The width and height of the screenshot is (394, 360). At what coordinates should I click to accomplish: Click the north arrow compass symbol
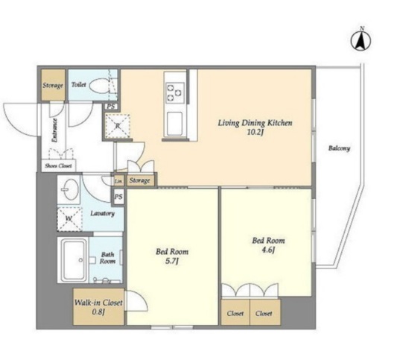point(361,40)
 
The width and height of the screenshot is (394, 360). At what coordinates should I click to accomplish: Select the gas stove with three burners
point(174,92)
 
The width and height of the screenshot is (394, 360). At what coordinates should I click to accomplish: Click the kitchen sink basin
point(174,124)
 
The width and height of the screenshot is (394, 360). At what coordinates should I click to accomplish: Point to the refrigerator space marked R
point(118,126)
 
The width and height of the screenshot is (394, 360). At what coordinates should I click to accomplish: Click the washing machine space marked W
point(69,219)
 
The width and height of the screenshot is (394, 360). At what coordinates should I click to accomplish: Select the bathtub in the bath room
point(74,259)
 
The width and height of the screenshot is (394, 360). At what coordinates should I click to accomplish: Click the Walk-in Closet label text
point(98,303)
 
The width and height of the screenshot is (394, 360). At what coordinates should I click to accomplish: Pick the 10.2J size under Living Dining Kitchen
point(255,132)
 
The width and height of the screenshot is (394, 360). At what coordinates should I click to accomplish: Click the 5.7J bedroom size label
point(172,262)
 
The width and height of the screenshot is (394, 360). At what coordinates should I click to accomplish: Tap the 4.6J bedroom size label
point(268,250)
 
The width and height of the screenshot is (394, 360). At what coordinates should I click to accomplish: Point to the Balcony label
point(339,148)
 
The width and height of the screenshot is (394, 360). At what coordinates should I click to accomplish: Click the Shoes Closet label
point(58,166)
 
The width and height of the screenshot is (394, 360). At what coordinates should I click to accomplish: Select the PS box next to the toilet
point(111,107)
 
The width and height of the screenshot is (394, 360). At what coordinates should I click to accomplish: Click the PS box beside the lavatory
point(118,197)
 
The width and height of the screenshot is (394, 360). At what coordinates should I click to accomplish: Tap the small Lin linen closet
point(118,181)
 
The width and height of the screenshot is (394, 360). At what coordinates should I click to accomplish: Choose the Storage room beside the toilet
point(53,85)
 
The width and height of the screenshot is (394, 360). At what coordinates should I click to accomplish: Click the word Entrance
point(54,130)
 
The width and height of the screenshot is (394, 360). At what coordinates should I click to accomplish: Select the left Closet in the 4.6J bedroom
point(235,313)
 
